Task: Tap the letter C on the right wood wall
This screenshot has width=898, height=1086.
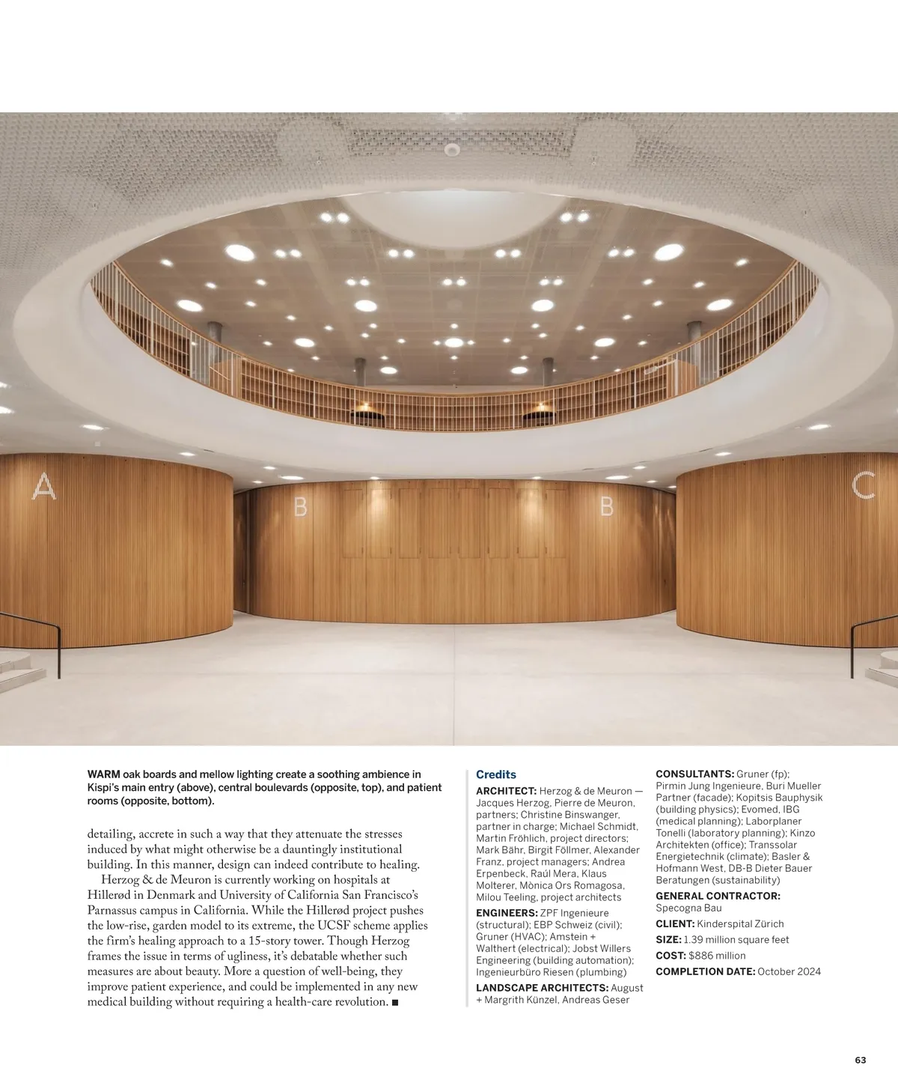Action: pyautogui.click(x=864, y=486)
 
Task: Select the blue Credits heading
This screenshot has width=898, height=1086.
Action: pyautogui.click(x=496, y=774)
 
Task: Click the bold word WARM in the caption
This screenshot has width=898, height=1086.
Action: pyautogui.click(x=104, y=774)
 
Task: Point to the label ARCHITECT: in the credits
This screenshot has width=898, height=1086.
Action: pyautogui.click(x=507, y=791)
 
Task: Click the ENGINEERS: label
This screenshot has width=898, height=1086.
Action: pyautogui.click(x=507, y=913)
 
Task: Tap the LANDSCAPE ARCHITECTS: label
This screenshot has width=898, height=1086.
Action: pyautogui.click(x=542, y=988)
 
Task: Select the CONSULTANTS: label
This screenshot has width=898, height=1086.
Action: pyautogui.click(x=694, y=774)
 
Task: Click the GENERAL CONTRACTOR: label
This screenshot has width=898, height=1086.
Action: pyautogui.click(x=718, y=896)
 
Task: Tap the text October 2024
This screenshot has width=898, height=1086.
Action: pyautogui.click(x=789, y=971)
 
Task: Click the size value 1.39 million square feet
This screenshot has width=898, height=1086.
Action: pyautogui.click(x=736, y=940)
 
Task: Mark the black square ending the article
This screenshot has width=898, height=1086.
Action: pyautogui.click(x=394, y=1002)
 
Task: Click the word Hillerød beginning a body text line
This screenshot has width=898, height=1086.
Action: pyautogui.click(x=109, y=896)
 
